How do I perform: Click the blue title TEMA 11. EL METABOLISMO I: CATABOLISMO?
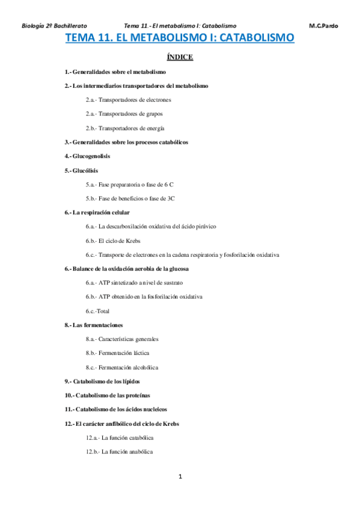(x=179, y=38)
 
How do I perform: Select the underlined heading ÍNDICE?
(x=179, y=58)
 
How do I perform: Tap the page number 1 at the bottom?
(x=180, y=477)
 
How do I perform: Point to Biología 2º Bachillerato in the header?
(x=54, y=26)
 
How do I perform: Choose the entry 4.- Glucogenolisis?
(x=87, y=156)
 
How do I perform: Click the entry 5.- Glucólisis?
(x=81, y=170)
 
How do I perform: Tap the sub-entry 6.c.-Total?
(x=102, y=311)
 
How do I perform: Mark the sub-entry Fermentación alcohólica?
(x=122, y=367)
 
